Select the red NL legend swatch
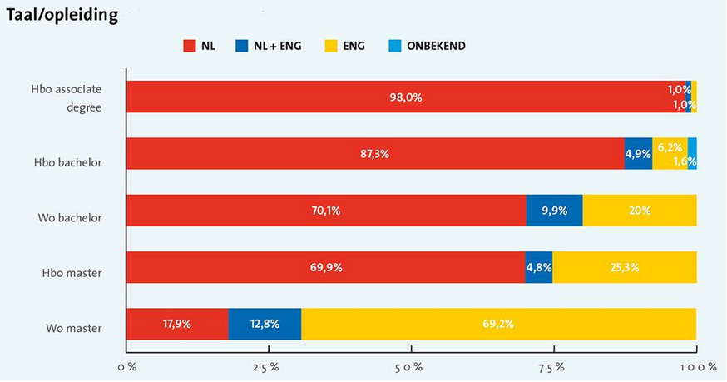coord(189,46)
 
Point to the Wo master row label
coord(75,328)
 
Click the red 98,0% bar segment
coord(405,97)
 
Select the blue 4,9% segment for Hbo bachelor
coord(638,154)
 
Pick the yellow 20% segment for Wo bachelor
coord(639,211)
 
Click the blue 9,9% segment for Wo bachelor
coord(554,211)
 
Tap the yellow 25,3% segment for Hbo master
coord(624,267)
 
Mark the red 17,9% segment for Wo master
coord(176,324)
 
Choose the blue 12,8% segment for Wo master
coord(265,324)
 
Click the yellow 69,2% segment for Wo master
coord(498,324)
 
